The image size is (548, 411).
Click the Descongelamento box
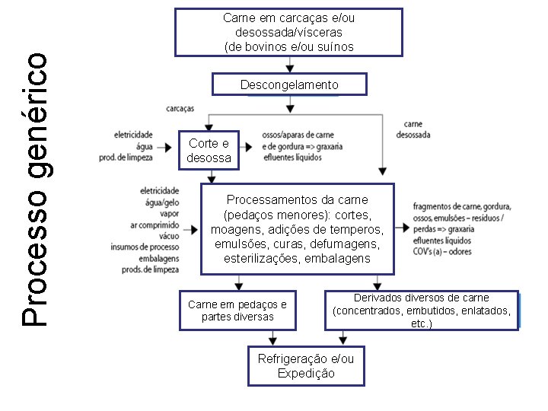point(289,84)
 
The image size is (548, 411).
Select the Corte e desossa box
point(209,151)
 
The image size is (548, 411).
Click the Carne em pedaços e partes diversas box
point(237,311)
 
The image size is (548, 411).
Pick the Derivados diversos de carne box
point(421,311)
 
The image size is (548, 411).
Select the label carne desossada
point(413,129)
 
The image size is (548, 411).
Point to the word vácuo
point(168,236)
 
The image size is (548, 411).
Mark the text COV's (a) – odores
point(441,251)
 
